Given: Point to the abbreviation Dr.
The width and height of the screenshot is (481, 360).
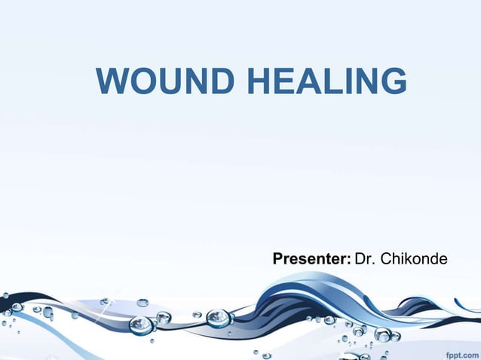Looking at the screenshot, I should [365, 260].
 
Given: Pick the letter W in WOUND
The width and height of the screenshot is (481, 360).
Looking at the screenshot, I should [112, 81].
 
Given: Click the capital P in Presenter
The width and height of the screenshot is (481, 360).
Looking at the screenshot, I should [277, 260].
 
